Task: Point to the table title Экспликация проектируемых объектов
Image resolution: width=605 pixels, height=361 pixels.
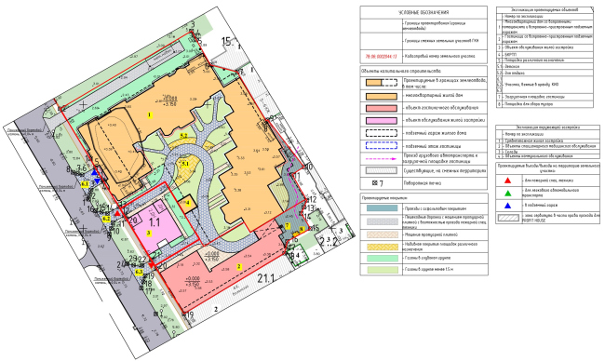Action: tap(545, 8)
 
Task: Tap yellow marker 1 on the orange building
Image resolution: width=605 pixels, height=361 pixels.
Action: tap(150, 114)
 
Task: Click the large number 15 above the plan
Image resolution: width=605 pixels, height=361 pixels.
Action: tap(229, 41)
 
